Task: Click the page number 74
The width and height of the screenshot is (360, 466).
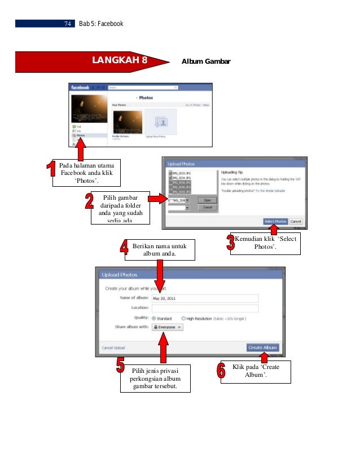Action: [x=68, y=24]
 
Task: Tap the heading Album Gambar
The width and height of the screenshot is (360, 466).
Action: [x=206, y=61]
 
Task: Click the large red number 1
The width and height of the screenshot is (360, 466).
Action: [x=51, y=173]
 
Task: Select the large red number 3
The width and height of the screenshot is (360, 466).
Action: [x=230, y=244]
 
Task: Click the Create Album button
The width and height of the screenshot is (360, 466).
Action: [x=262, y=348]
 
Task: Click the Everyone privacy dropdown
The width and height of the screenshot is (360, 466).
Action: [x=168, y=327]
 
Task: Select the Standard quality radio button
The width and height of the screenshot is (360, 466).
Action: [x=154, y=318]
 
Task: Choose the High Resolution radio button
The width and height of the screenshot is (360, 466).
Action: [x=183, y=318]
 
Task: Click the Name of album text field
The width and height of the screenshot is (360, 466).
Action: [x=204, y=298]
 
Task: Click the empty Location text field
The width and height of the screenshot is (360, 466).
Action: [x=204, y=308]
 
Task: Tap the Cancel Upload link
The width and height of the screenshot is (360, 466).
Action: [x=113, y=348]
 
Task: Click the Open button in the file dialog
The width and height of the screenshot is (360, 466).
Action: [x=207, y=200]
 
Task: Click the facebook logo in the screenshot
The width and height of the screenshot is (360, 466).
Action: [x=80, y=87]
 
